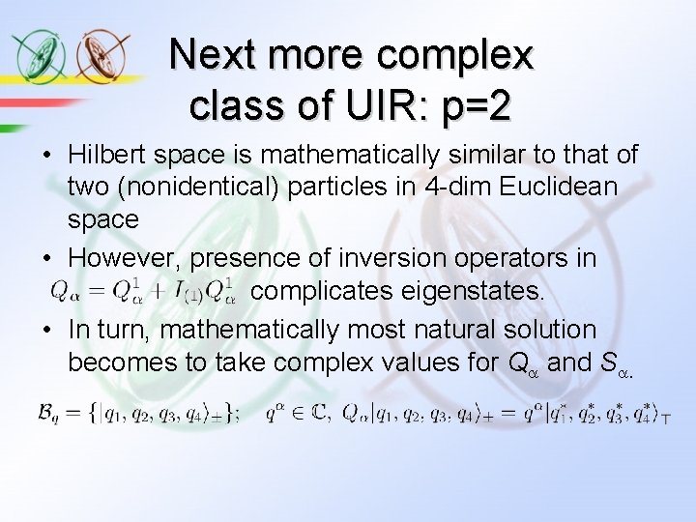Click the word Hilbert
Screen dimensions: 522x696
tap(110, 155)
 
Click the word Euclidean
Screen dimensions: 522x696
tap(563, 187)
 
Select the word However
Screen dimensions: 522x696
tap(124, 258)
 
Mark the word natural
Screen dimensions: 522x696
tap(467, 330)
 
